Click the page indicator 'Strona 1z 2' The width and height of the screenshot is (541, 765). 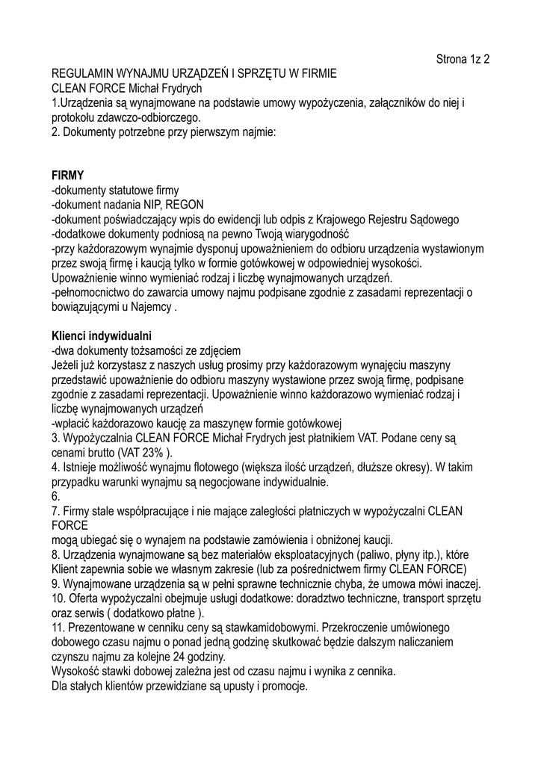[x=463, y=59]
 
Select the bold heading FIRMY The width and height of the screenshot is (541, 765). [x=68, y=176]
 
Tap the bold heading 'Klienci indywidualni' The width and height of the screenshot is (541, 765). [x=102, y=335]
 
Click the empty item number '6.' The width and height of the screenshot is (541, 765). [x=55, y=496]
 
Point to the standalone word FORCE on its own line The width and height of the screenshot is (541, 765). [x=70, y=525]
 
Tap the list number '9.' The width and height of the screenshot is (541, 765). [x=55, y=583]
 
